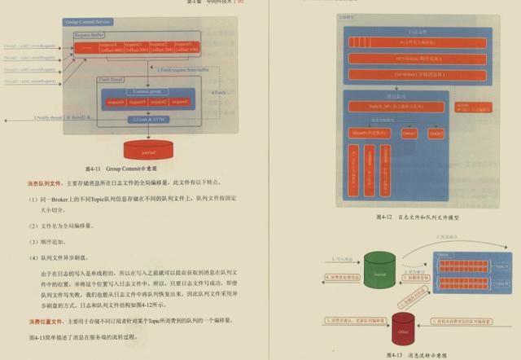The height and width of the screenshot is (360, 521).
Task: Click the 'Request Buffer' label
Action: (x=90, y=36)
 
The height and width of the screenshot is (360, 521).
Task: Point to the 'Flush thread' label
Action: (x=112, y=79)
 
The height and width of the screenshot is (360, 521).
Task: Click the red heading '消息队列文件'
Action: (x=45, y=183)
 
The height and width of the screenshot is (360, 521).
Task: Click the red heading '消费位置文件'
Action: (x=45, y=321)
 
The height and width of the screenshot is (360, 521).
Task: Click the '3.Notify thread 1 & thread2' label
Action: (x=61, y=119)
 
